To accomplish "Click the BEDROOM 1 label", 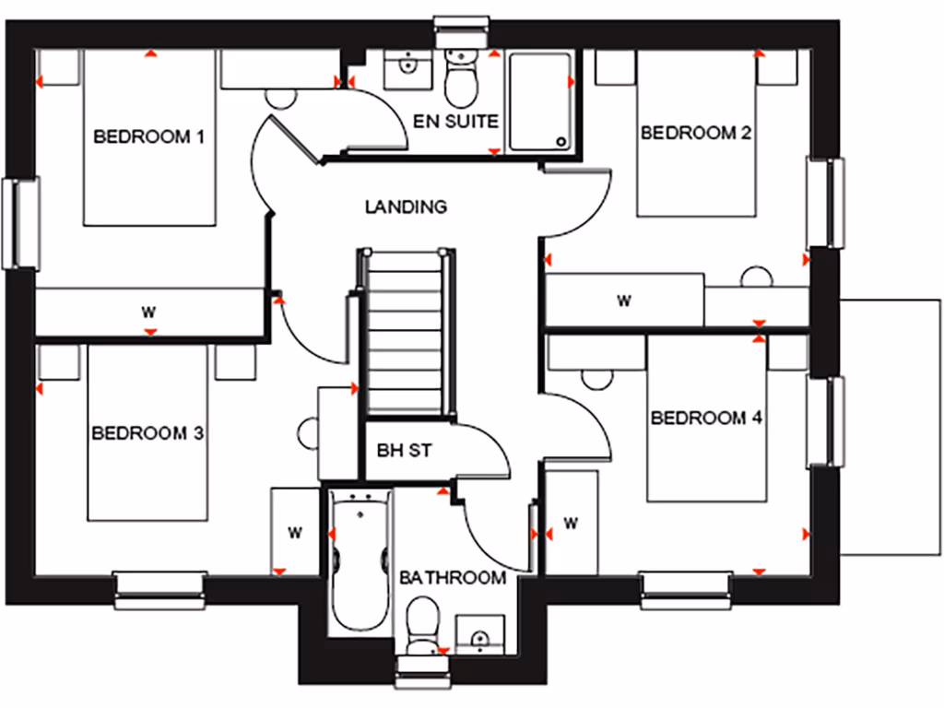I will point(148,137).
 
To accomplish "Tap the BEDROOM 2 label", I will point(696,133).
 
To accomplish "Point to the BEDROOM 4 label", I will point(706,419).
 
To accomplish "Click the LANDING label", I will point(406,206).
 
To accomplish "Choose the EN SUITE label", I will point(455,121).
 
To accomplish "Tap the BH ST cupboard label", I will point(405,451).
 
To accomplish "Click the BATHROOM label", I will point(452,578).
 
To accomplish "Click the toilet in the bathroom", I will point(423,626).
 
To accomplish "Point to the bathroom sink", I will point(479,634).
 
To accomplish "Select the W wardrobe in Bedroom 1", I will point(149,311).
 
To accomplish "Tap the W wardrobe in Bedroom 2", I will point(624,300).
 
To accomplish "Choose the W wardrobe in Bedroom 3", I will point(295,532).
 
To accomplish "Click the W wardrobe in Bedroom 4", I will point(570,524).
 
